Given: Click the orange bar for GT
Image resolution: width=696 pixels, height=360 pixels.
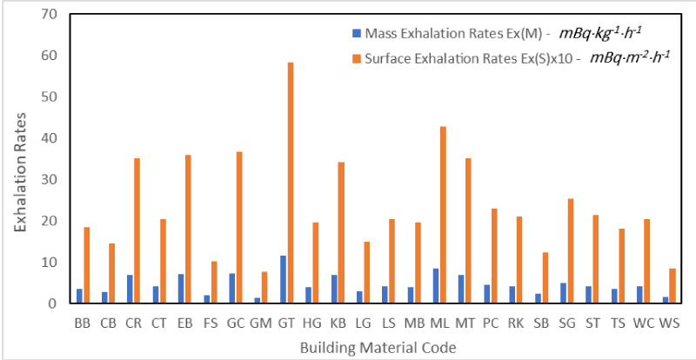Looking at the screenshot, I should coord(291,183).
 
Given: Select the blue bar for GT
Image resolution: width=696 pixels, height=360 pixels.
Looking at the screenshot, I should coord(283,279).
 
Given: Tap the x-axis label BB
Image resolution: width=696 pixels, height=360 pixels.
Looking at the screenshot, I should coord(83,323).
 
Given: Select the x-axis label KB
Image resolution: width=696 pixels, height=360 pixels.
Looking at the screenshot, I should coord(337,323).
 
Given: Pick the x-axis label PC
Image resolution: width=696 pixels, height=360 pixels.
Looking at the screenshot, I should coord(490,323).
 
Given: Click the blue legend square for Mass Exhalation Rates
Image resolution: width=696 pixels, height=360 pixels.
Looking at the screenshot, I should coord(356,34).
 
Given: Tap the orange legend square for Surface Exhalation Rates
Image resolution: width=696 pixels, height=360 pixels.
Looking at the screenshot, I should coord(356,58).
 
